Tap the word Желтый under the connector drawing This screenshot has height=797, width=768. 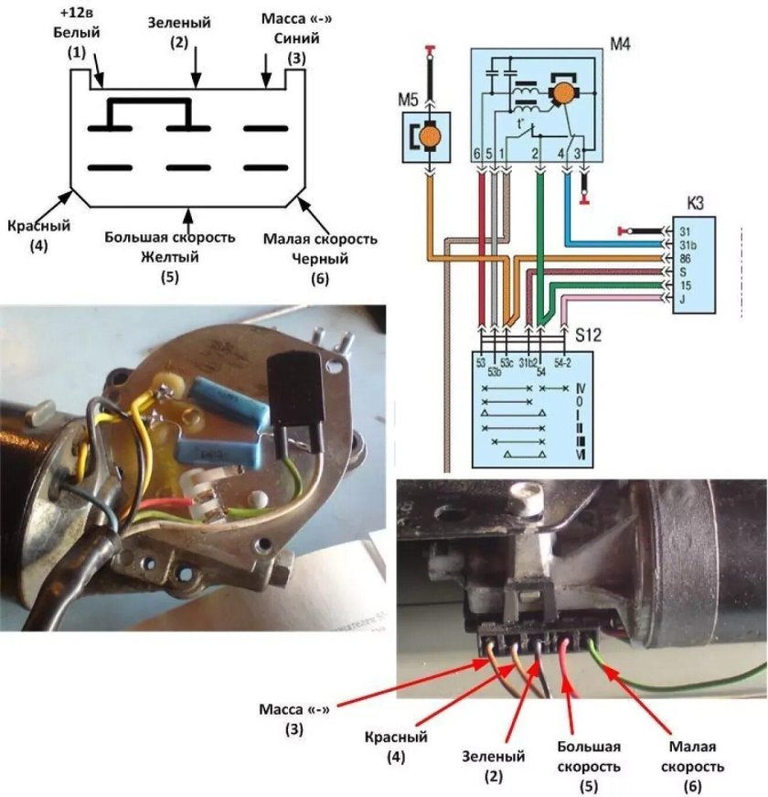point(169,258)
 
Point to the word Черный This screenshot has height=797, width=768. point(320,259)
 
